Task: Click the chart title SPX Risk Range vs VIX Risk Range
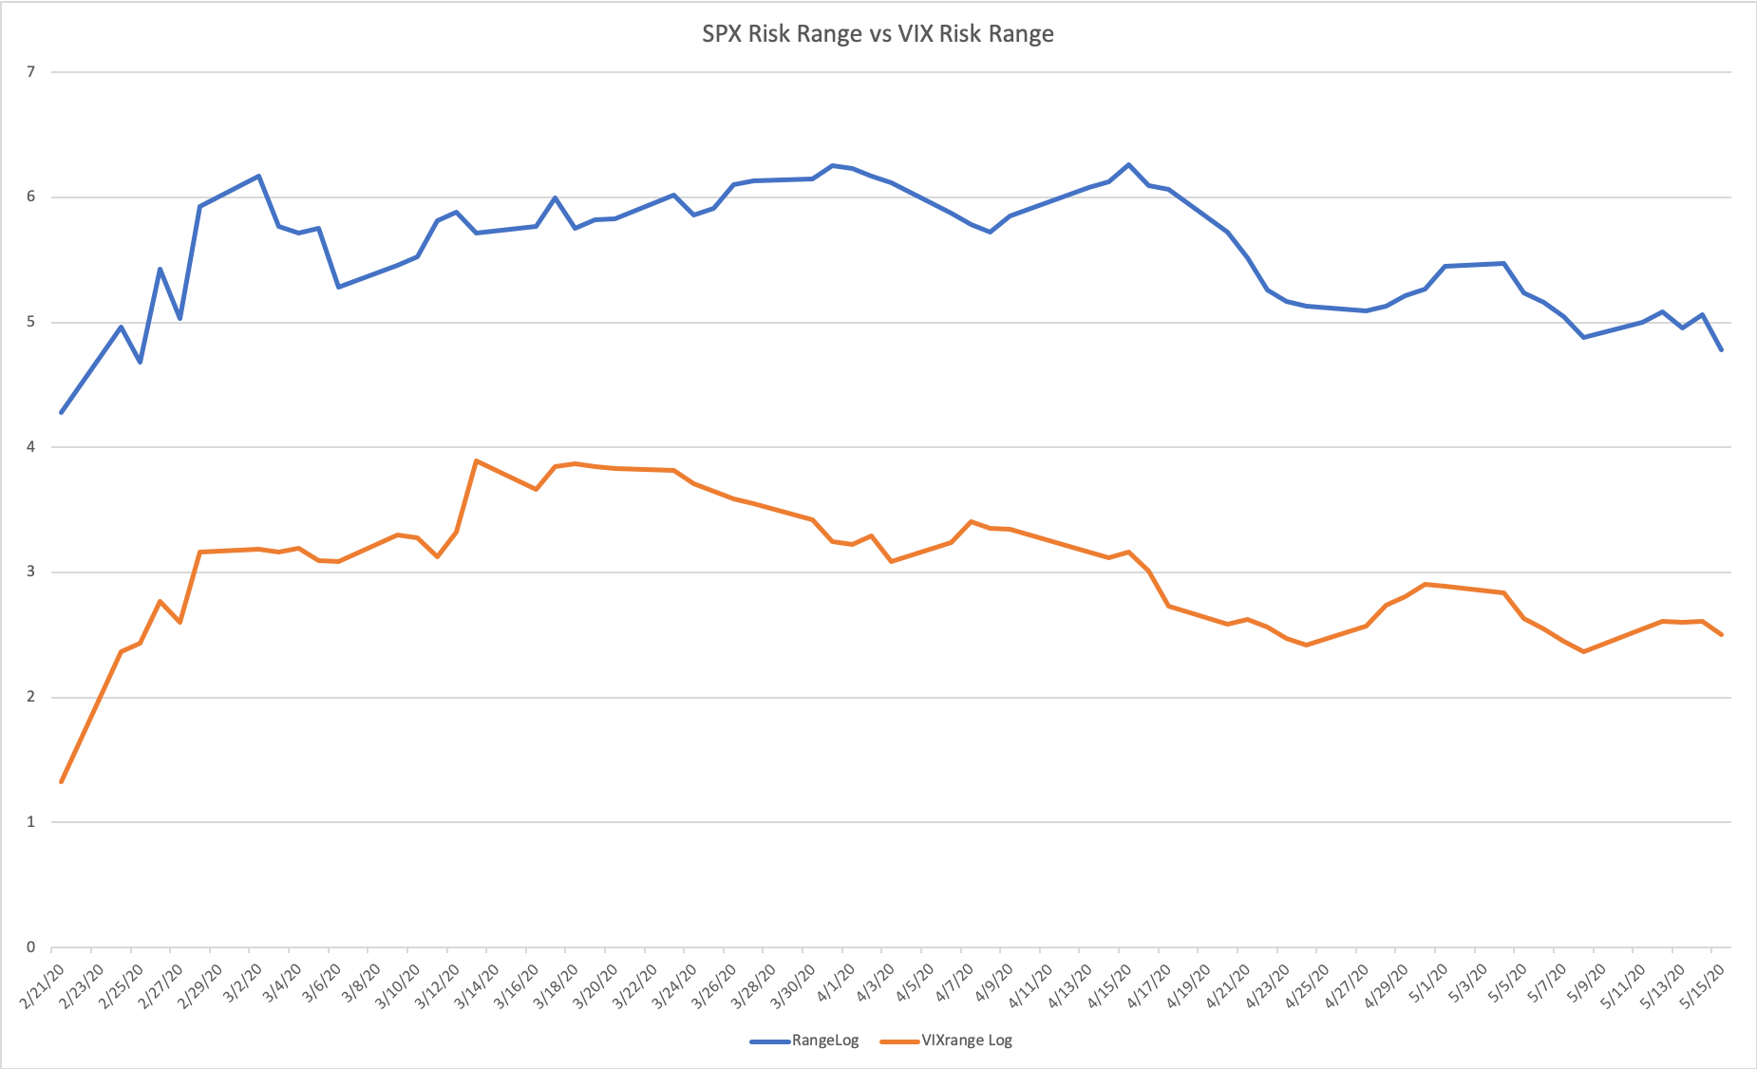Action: click(x=878, y=34)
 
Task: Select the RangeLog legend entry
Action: click(x=824, y=1041)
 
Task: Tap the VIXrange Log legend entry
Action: click(x=966, y=1041)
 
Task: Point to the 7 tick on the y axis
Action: click(x=31, y=72)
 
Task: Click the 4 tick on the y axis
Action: click(x=31, y=447)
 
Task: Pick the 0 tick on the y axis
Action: click(x=31, y=947)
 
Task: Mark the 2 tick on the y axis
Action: click(x=31, y=697)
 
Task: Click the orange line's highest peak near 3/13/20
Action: click(x=476, y=460)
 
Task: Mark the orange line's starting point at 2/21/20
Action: click(x=61, y=782)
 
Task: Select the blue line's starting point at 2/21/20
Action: click(x=61, y=413)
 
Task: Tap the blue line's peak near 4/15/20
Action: click(x=1128, y=164)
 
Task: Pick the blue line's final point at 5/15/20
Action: click(x=1721, y=350)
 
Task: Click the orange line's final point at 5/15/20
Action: click(x=1721, y=635)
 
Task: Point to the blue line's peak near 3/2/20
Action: click(x=258, y=176)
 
